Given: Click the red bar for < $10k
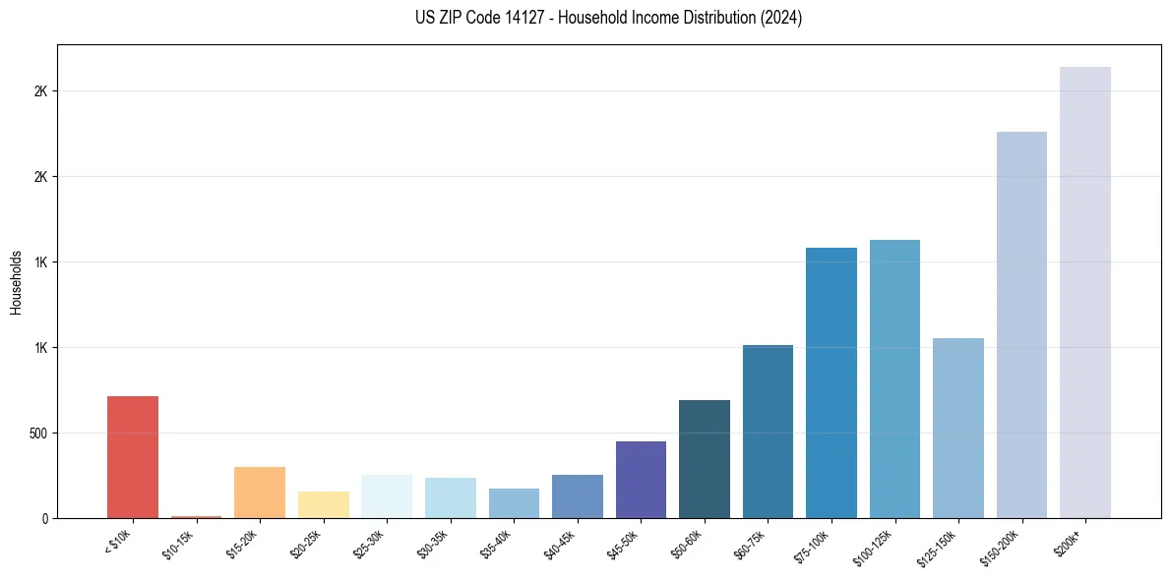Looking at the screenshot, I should coord(133,457).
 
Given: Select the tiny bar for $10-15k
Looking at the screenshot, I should coord(196,516).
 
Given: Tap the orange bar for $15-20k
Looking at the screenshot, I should coord(260,493).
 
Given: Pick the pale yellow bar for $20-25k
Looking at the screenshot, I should coord(323,504).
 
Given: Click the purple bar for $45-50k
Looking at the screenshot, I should coord(641,480).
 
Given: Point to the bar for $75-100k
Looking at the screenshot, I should coord(831,382).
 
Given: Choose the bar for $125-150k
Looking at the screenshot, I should coord(958,428).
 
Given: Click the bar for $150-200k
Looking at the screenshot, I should coord(1021,324).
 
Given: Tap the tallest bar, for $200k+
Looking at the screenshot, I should coord(1085,292).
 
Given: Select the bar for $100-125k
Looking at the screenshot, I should coord(894,378).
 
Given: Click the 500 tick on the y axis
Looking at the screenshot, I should coord(38,434).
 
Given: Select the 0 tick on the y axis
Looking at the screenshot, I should coord(45,518).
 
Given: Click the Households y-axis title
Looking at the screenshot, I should coord(16,281).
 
